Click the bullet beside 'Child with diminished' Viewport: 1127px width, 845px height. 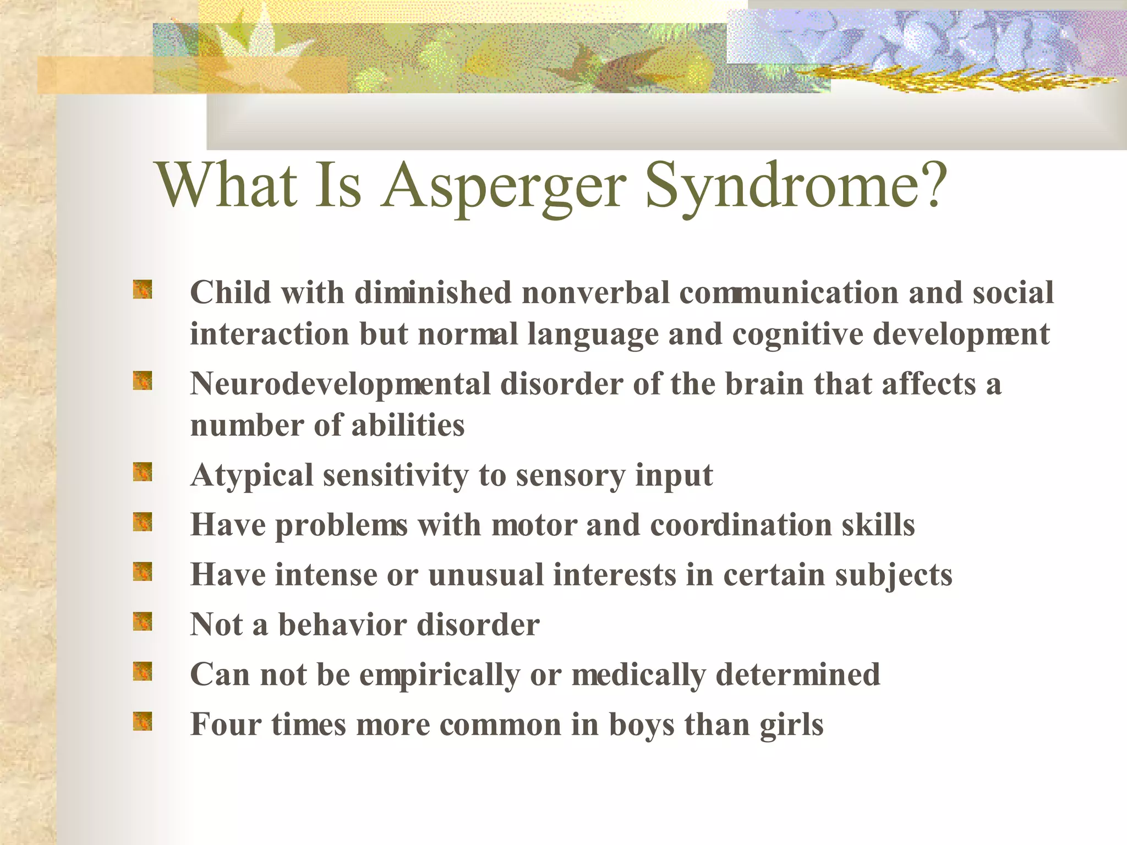tap(143, 289)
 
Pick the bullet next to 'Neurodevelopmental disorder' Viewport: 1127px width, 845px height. tap(143, 381)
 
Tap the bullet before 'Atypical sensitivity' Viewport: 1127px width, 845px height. tap(143, 472)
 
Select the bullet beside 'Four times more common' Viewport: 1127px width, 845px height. tap(143, 721)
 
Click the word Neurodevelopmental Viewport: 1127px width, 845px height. tap(340, 384)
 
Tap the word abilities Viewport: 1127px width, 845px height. tap(408, 425)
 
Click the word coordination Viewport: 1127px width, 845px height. tap(741, 525)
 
